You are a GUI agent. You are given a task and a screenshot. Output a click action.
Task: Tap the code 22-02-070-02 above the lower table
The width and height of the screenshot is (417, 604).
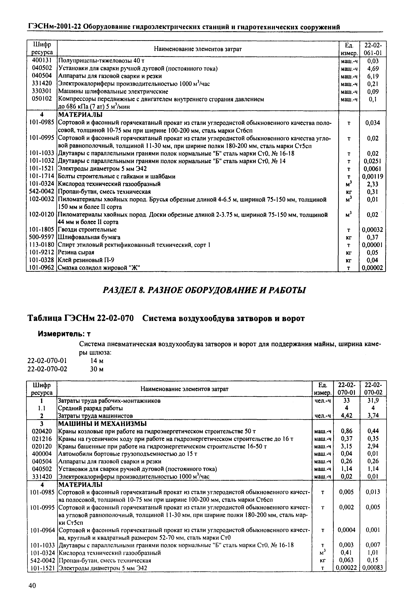[x=47, y=369]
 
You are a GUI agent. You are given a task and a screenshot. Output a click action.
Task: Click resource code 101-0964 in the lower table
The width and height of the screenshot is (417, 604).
[x=42, y=530]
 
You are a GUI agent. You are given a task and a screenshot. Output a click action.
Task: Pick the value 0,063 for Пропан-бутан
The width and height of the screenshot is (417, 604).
[x=346, y=560]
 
